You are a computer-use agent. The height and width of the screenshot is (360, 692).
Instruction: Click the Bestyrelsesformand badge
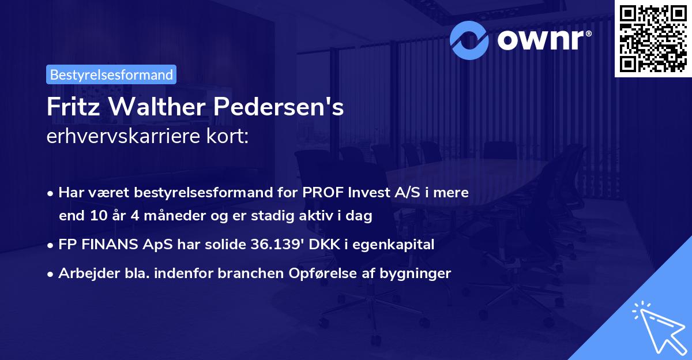tap(111, 74)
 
